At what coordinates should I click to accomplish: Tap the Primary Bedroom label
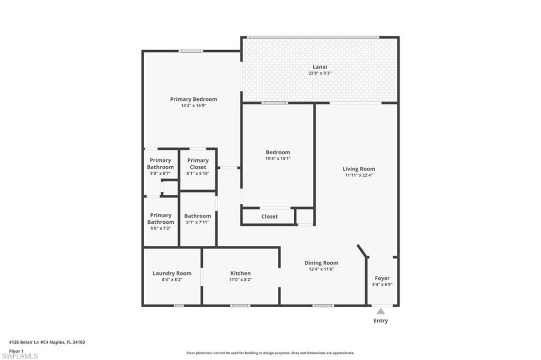tap(193, 99)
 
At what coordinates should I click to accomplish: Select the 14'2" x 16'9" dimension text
tap(193, 106)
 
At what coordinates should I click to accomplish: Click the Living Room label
tap(359, 169)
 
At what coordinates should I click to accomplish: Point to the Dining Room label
tap(321, 263)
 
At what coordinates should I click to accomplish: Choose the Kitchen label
tap(240, 273)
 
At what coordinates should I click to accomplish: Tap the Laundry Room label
tap(172, 273)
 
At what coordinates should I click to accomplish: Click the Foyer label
tap(382, 278)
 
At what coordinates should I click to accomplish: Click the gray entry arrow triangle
tap(381, 311)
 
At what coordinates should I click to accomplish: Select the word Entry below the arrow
tap(380, 320)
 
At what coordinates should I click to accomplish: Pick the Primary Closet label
tap(198, 164)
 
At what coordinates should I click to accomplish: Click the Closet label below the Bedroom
tap(269, 216)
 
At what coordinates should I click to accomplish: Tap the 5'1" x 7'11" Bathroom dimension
tap(198, 222)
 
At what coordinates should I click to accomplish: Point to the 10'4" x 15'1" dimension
tap(278, 158)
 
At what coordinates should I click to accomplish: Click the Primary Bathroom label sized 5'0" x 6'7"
tap(161, 164)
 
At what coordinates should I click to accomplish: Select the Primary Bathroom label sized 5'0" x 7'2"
tap(161, 219)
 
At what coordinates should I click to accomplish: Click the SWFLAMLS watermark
tap(20, 356)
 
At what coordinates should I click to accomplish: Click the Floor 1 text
tap(16, 350)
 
